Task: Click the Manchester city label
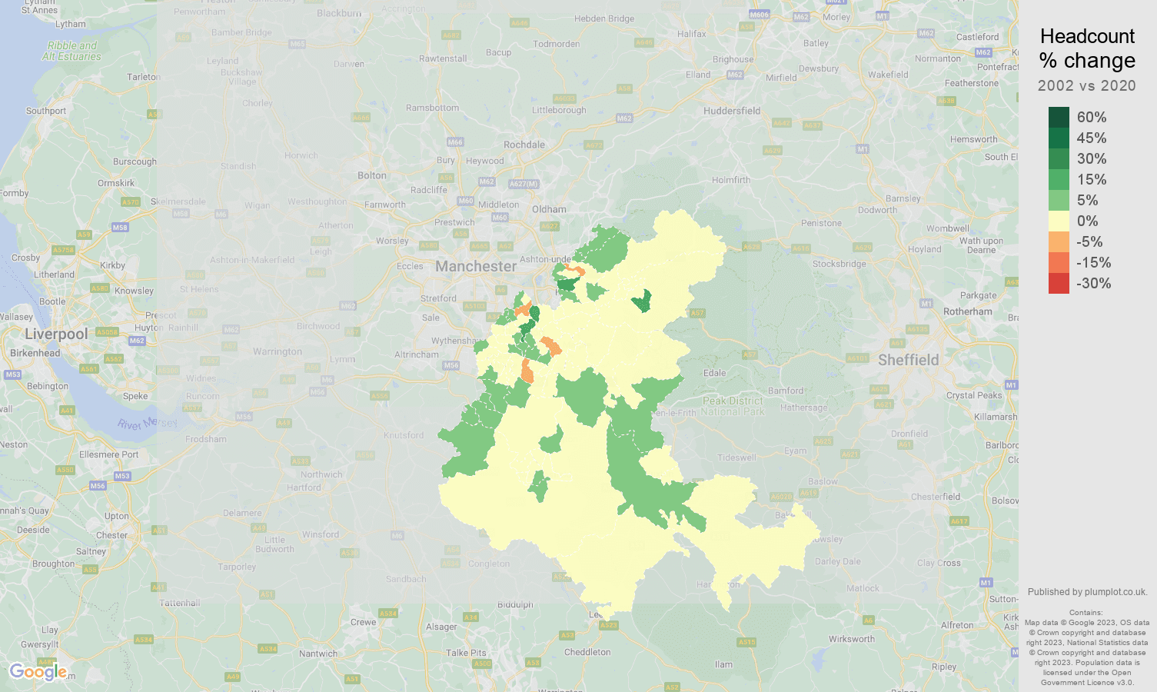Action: point(476,267)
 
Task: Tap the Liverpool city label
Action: point(56,334)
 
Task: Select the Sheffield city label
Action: point(908,361)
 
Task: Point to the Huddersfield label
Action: point(731,111)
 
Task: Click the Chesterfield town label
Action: point(936,497)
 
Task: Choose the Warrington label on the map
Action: point(278,351)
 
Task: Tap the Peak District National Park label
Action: point(733,406)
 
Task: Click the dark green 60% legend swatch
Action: point(1059,118)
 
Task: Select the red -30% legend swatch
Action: point(1059,284)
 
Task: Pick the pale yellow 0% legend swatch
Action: point(1059,221)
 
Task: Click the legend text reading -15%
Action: point(1093,263)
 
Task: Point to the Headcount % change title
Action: point(1087,48)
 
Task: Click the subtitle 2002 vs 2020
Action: point(1086,86)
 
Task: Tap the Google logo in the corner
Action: point(38,672)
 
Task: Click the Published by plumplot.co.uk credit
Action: point(1087,592)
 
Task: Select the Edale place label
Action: point(714,373)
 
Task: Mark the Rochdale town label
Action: point(524,145)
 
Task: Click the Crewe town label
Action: point(363,622)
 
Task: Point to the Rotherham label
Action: point(967,311)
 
